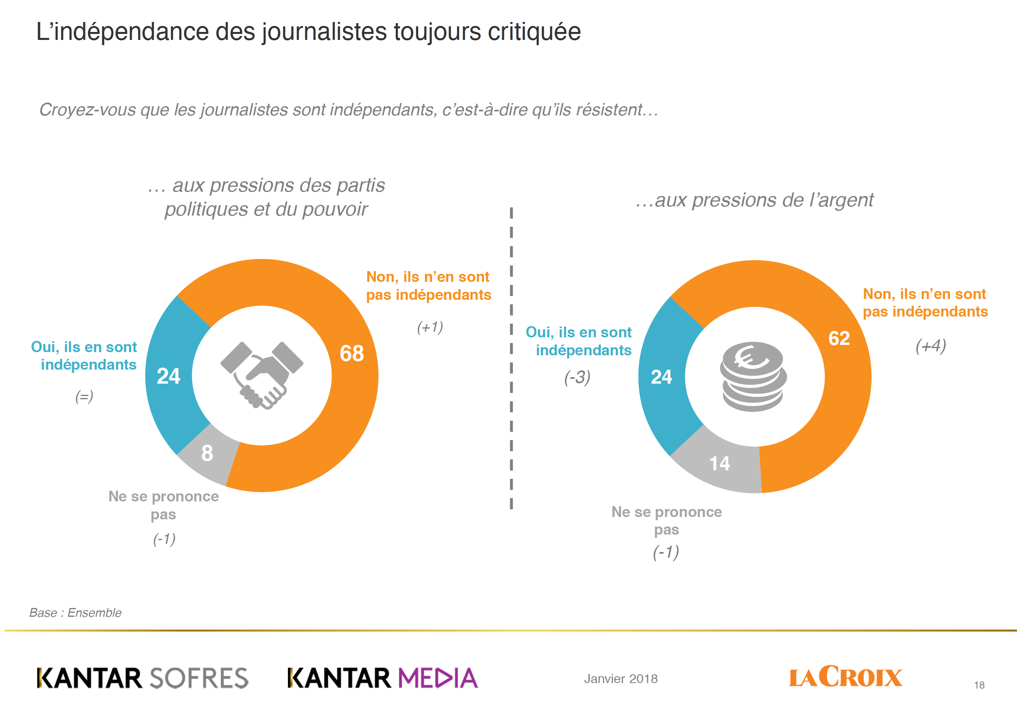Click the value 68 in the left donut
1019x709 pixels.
tap(351, 354)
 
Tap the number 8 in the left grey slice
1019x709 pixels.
tap(207, 453)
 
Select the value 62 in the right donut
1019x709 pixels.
tap(839, 339)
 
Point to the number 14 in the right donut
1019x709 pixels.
tap(719, 463)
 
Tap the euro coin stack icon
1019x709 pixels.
tap(753, 376)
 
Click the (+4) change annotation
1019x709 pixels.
tap(931, 346)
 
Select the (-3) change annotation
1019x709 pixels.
tap(577, 377)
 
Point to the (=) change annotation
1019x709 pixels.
tap(84, 396)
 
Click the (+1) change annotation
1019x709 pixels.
tap(430, 327)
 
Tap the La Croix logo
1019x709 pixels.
tap(845, 677)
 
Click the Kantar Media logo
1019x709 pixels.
tap(383, 677)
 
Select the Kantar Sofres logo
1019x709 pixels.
tap(143, 677)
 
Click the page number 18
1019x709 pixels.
tap(979, 685)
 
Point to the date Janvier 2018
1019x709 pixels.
tap(621, 678)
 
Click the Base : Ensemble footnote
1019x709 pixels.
tap(75, 613)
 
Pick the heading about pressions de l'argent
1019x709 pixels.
tap(755, 200)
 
